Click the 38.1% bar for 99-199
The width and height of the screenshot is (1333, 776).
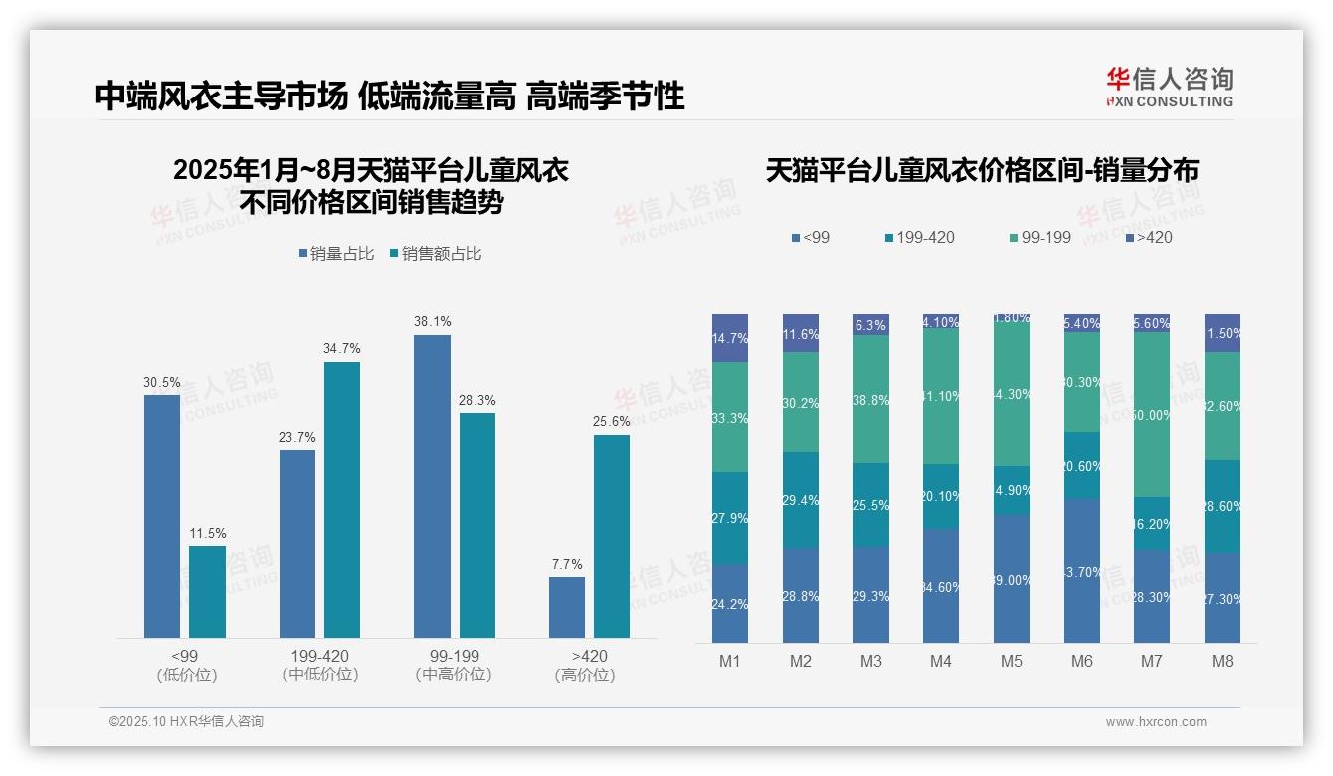click(432, 485)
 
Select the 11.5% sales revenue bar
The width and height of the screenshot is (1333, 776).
click(207, 591)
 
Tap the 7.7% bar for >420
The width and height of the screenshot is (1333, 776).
click(567, 607)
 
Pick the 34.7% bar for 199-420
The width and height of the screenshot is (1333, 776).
click(342, 499)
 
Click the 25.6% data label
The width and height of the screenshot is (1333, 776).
click(612, 422)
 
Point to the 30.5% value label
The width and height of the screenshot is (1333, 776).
click(162, 382)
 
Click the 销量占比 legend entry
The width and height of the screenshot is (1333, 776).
click(336, 254)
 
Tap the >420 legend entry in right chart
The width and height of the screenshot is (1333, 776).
click(1149, 237)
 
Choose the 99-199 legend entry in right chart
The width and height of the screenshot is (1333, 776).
click(1040, 237)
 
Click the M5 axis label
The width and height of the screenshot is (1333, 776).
click(1012, 661)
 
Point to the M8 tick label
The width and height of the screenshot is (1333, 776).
click(1223, 661)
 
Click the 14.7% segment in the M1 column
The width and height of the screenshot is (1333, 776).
click(730, 338)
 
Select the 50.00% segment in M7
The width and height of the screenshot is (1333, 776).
click(1152, 415)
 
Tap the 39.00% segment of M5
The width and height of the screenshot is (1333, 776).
click(1012, 579)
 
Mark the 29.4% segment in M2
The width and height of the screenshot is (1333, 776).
click(801, 500)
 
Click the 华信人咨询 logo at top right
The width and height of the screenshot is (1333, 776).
click(1169, 87)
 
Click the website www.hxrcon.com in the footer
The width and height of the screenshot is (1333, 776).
click(1156, 722)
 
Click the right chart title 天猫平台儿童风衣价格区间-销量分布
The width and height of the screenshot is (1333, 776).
click(982, 171)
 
